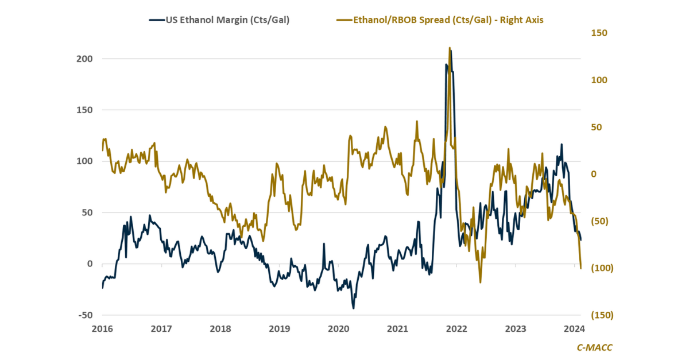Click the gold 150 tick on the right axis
(599, 33)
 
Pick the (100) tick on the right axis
(598, 268)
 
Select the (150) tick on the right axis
(598, 315)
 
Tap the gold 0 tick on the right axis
(594, 174)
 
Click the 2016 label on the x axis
(102, 329)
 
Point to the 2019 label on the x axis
(279, 329)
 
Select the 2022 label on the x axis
(456, 329)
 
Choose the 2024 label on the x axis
(574, 329)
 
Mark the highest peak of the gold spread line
(449, 48)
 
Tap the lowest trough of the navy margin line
(353, 308)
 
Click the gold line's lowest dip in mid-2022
(480, 282)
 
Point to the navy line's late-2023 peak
(562, 144)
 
